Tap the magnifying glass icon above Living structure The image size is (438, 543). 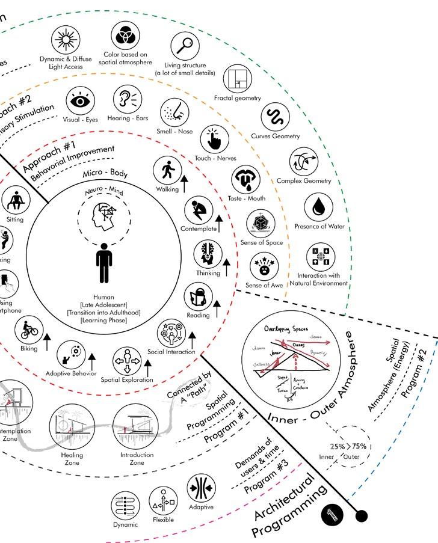pyautogui.click(x=185, y=45)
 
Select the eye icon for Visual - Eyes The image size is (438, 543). pyautogui.click(x=80, y=101)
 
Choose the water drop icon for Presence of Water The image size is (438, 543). pyautogui.click(x=318, y=207)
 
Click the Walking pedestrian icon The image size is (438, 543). pyautogui.click(x=167, y=170)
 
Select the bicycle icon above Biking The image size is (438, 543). pyautogui.click(x=28, y=330)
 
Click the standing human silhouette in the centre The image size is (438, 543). pyautogui.click(x=103, y=263)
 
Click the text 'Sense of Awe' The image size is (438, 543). pyautogui.click(x=264, y=285)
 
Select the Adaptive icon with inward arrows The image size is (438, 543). pyautogui.click(x=201, y=488)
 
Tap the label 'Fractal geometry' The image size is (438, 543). pyautogui.click(x=237, y=98)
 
